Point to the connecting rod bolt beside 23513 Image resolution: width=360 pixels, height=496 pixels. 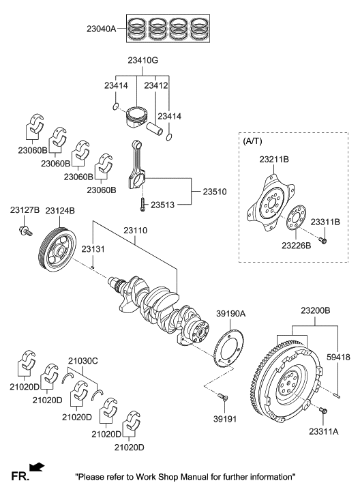tap(140, 203)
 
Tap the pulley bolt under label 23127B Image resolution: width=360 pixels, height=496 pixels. tap(25, 232)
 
